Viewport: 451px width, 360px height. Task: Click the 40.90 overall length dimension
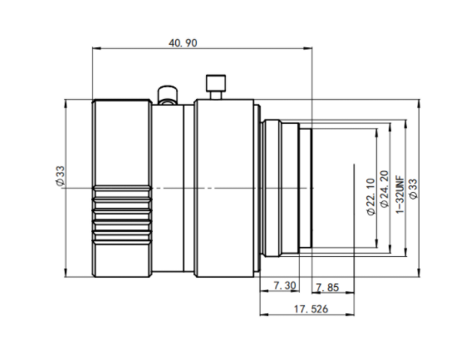tap(183, 43)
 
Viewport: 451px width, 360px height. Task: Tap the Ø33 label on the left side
tap(61, 176)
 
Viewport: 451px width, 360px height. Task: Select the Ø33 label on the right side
tap(414, 189)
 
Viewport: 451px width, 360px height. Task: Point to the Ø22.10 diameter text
tap(371, 197)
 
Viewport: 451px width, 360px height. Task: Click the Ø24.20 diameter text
tap(385, 189)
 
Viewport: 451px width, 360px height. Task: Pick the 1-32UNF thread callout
tap(400, 195)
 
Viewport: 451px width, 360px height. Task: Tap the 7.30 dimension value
tap(284, 286)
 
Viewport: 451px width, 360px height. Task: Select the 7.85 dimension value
tap(327, 288)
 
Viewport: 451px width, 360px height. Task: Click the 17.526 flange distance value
tap(311, 309)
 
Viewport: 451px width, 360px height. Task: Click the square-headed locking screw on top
tap(216, 86)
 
